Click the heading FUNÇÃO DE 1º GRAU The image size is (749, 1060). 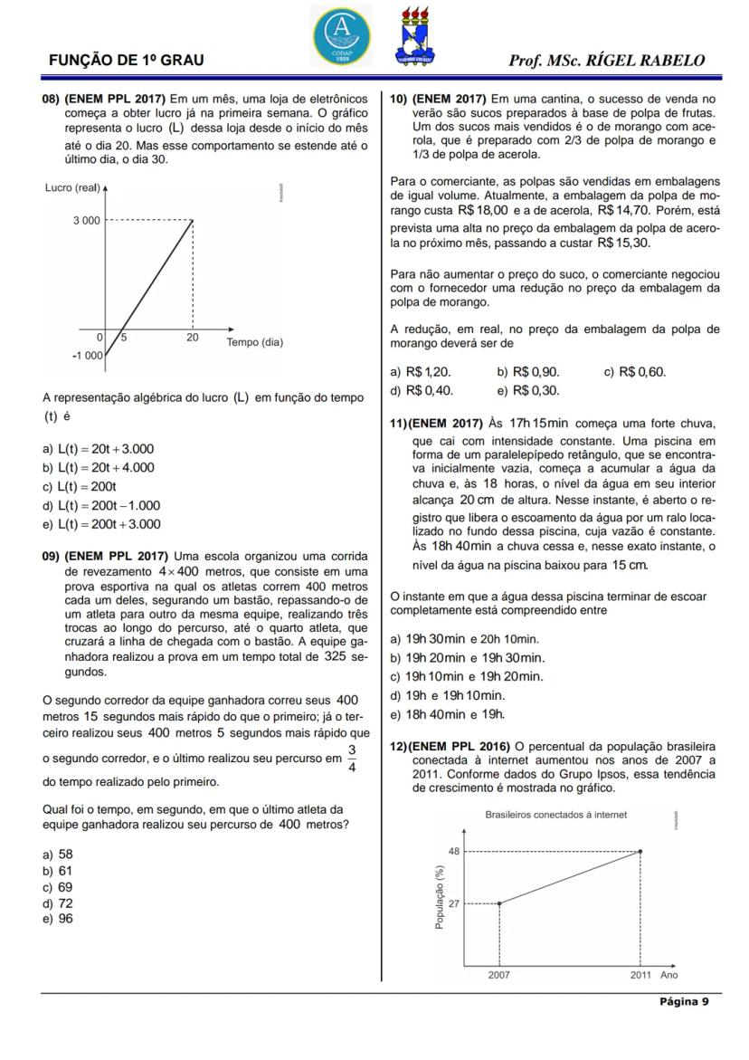coord(126,61)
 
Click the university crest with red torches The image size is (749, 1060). coord(415,34)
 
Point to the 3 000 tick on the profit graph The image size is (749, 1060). coord(88,220)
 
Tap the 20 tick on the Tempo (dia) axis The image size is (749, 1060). coord(193,338)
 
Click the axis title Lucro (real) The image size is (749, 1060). coord(72,187)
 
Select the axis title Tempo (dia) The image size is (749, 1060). coord(254,342)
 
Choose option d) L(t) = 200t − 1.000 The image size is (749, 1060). coord(101,506)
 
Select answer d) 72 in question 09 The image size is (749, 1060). coord(58,902)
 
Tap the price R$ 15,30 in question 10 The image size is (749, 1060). coord(622,244)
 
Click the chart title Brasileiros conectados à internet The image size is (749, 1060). coord(555,815)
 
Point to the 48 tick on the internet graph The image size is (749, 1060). coord(455,851)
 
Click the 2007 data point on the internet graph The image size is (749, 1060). coord(499,903)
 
